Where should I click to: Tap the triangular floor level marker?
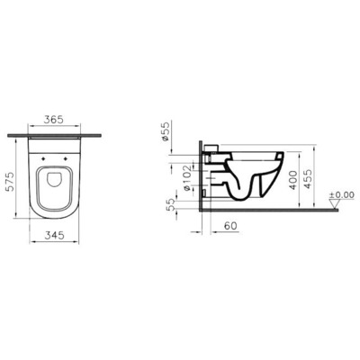click(x=336, y=205)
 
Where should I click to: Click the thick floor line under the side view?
click(x=270, y=210)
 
